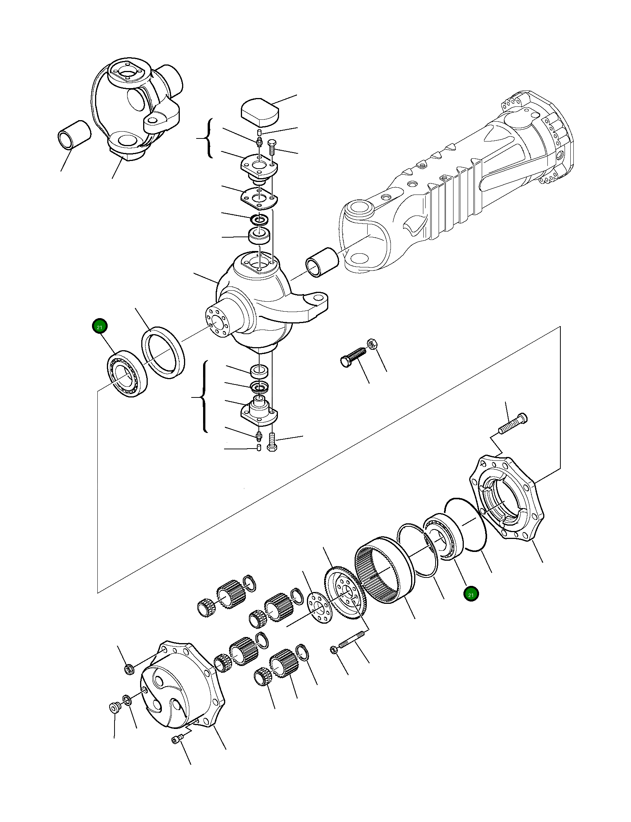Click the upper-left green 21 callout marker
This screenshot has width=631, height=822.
(x=100, y=327)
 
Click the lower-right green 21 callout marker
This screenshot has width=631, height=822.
(x=471, y=594)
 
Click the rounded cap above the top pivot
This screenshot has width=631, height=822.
(x=260, y=113)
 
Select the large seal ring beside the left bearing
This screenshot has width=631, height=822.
(x=163, y=352)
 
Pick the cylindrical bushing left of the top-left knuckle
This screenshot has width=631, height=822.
(x=74, y=135)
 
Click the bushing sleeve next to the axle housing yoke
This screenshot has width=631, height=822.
(x=321, y=262)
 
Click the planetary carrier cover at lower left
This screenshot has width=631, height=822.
(x=179, y=686)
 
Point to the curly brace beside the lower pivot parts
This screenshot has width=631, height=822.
(x=204, y=397)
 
